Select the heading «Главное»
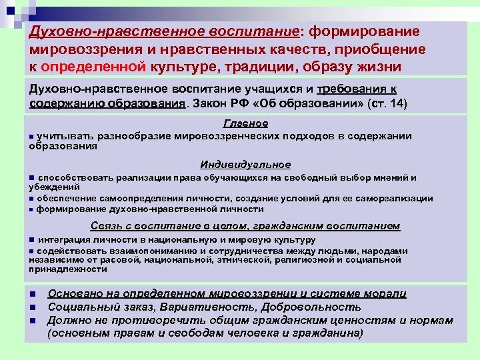tap(245, 123)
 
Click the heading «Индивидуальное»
tap(245, 165)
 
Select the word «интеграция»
tap(65, 239)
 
